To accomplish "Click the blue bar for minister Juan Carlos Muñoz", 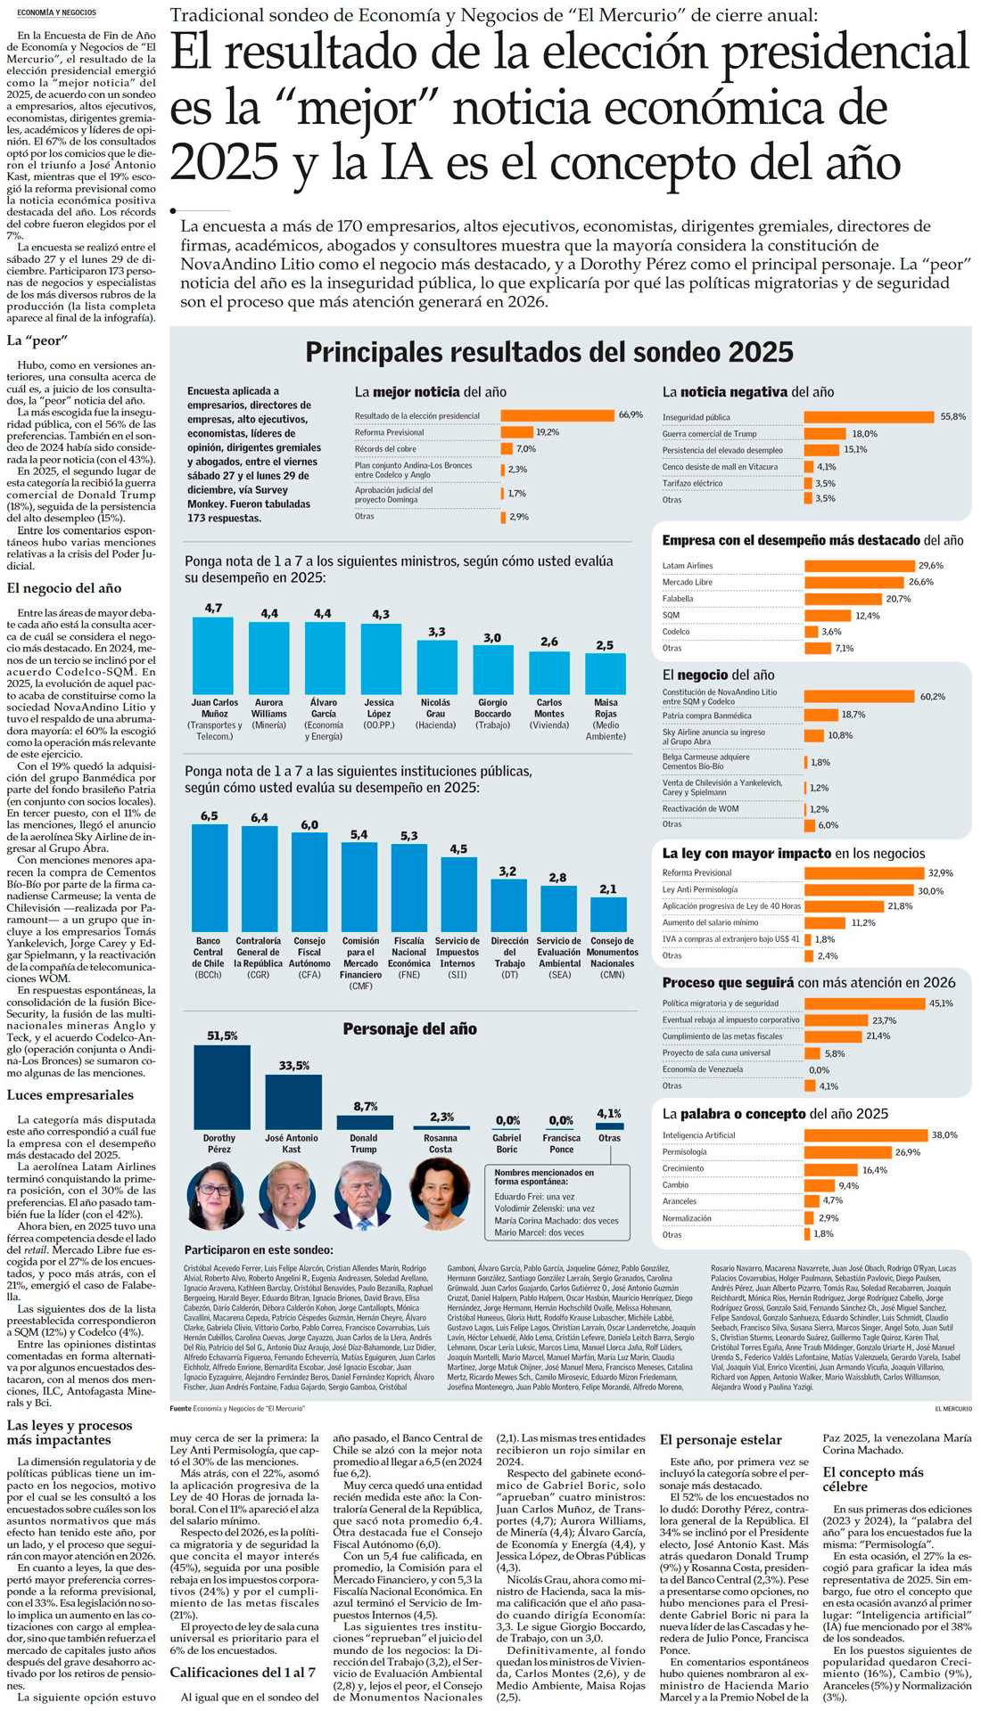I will [x=213, y=655].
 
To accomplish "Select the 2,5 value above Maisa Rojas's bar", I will [x=605, y=645].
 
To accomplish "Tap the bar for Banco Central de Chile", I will [x=210, y=877].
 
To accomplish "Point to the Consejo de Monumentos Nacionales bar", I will [x=608, y=913].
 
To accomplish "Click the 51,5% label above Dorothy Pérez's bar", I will [x=222, y=1036].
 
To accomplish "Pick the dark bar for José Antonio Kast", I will [x=293, y=1101].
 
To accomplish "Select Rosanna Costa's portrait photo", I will [x=439, y=1191].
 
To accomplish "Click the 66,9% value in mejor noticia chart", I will [x=631, y=415].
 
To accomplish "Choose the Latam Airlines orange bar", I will [x=860, y=566].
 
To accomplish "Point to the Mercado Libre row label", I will [x=687, y=582].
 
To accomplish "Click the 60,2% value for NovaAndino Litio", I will [x=932, y=696].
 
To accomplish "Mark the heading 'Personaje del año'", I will [x=409, y=1029].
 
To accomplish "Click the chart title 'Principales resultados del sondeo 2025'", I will [x=548, y=352].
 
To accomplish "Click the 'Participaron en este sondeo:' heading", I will [x=259, y=1250].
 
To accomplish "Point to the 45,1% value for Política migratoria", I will [x=941, y=1003].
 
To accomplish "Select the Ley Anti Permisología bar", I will [x=859, y=890].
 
